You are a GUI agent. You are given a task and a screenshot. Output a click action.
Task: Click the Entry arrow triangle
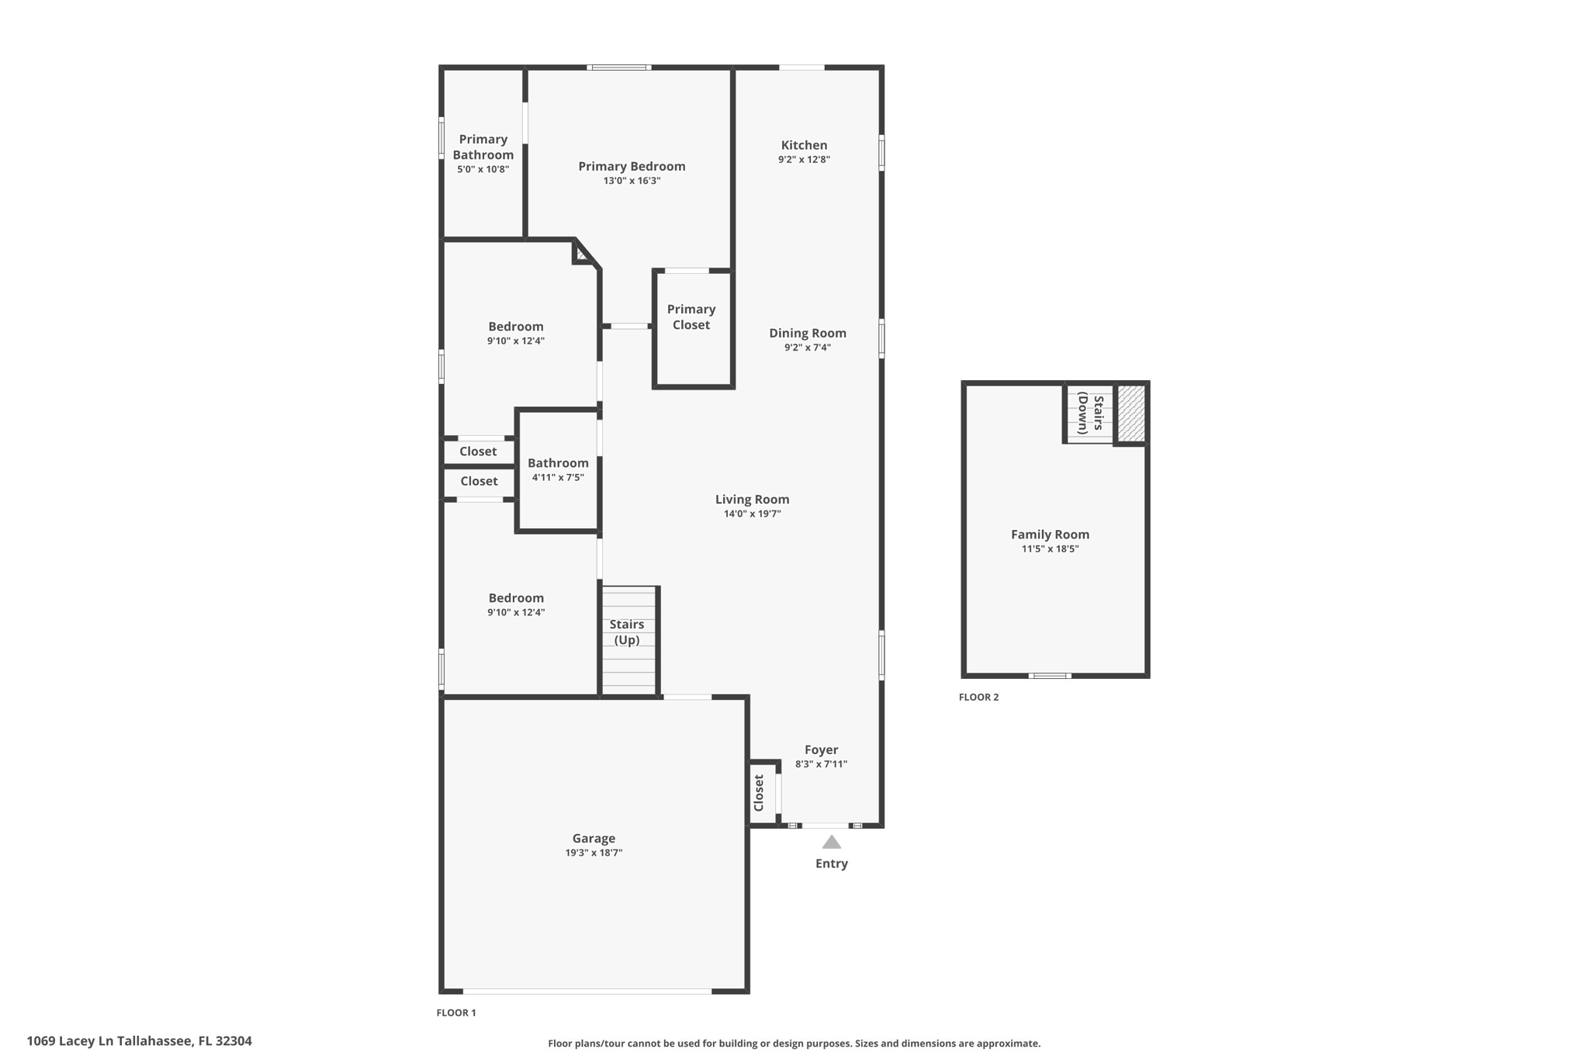point(831,843)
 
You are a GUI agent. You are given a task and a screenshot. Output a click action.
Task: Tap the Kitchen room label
point(804,145)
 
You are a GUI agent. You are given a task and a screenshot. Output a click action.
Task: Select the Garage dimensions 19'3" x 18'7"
point(594,853)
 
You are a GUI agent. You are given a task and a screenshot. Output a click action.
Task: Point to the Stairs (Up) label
point(627,632)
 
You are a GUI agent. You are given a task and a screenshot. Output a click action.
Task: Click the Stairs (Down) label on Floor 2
point(1090,414)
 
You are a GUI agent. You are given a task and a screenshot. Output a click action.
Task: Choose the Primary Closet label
point(691,317)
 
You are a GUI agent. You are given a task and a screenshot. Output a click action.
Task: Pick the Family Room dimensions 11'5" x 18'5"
point(1050,549)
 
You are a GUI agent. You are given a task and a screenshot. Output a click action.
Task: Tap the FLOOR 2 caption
point(978,697)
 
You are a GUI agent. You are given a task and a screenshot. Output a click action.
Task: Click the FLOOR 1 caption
point(456,1012)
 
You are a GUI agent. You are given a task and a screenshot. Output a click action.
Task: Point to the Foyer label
point(821,749)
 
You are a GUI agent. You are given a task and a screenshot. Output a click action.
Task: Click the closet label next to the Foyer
point(760,793)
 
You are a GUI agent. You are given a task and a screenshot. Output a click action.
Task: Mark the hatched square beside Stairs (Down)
point(1130,413)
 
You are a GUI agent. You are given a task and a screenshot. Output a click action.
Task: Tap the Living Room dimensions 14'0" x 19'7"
point(752,514)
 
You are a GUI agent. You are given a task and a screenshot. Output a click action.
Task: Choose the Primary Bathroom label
point(483,147)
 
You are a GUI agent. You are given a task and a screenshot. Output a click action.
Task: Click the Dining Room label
point(807,333)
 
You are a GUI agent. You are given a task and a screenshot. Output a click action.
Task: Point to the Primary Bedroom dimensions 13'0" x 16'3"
point(632,181)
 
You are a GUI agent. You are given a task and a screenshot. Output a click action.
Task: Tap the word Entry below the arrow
point(831,863)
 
